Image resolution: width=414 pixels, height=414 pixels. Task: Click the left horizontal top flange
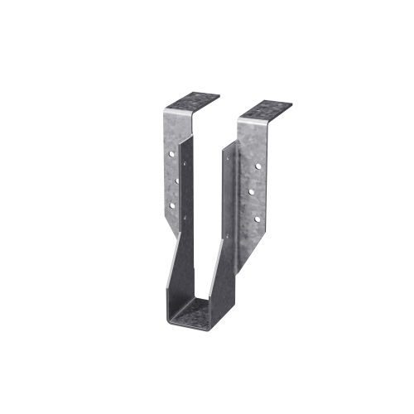click(x=191, y=99)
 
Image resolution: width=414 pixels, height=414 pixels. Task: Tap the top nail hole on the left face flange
click(x=171, y=153)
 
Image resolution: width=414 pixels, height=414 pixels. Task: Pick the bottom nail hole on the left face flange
click(x=171, y=204)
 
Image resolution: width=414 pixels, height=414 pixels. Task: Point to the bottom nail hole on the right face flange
click(x=256, y=219)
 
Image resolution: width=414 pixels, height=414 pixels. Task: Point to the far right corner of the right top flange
click(x=291, y=104)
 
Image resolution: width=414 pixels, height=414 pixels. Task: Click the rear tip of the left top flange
click(x=219, y=94)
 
